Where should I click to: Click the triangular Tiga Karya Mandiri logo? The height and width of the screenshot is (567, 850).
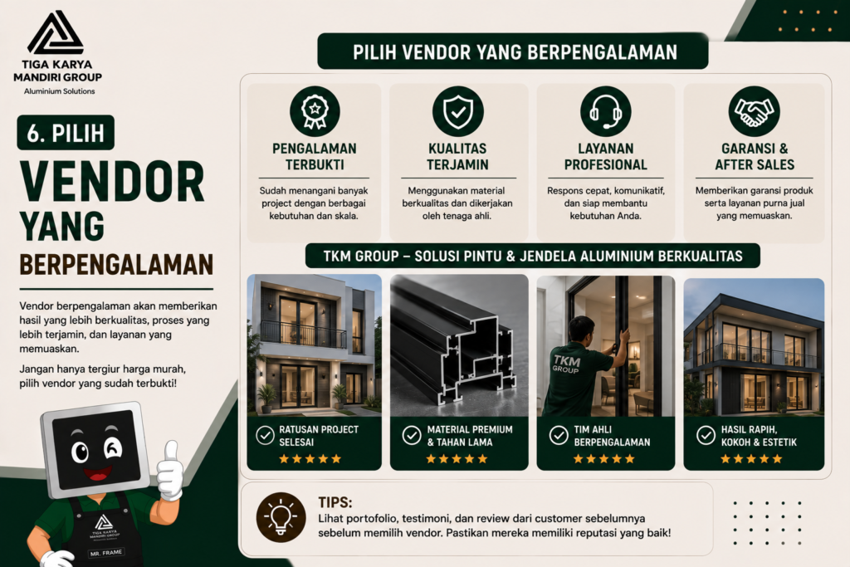click(56, 33)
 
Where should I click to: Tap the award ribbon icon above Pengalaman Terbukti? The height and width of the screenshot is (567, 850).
click(315, 111)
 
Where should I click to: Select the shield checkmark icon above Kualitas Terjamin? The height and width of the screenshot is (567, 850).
click(457, 111)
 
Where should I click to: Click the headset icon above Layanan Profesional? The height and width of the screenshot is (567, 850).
click(605, 111)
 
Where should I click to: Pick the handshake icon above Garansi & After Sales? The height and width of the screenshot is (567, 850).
click(754, 111)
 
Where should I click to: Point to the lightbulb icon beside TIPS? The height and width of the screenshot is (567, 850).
click(281, 517)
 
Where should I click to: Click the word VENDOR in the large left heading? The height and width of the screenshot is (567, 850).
click(112, 182)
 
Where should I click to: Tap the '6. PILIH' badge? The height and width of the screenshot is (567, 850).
click(66, 133)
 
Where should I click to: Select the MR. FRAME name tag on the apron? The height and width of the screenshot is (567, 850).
click(105, 553)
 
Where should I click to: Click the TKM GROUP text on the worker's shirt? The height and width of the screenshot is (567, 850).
click(566, 364)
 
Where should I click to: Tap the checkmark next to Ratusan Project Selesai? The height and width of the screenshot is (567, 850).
click(265, 435)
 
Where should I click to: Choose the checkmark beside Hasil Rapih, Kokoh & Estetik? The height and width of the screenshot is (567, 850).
click(706, 435)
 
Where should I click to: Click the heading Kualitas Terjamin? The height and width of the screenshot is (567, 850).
click(457, 157)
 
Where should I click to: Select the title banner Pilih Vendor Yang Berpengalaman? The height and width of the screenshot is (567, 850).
click(513, 51)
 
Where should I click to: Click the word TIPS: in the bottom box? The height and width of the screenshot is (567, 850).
click(335, 502)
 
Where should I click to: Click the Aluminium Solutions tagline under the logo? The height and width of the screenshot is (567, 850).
click(59, 91)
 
